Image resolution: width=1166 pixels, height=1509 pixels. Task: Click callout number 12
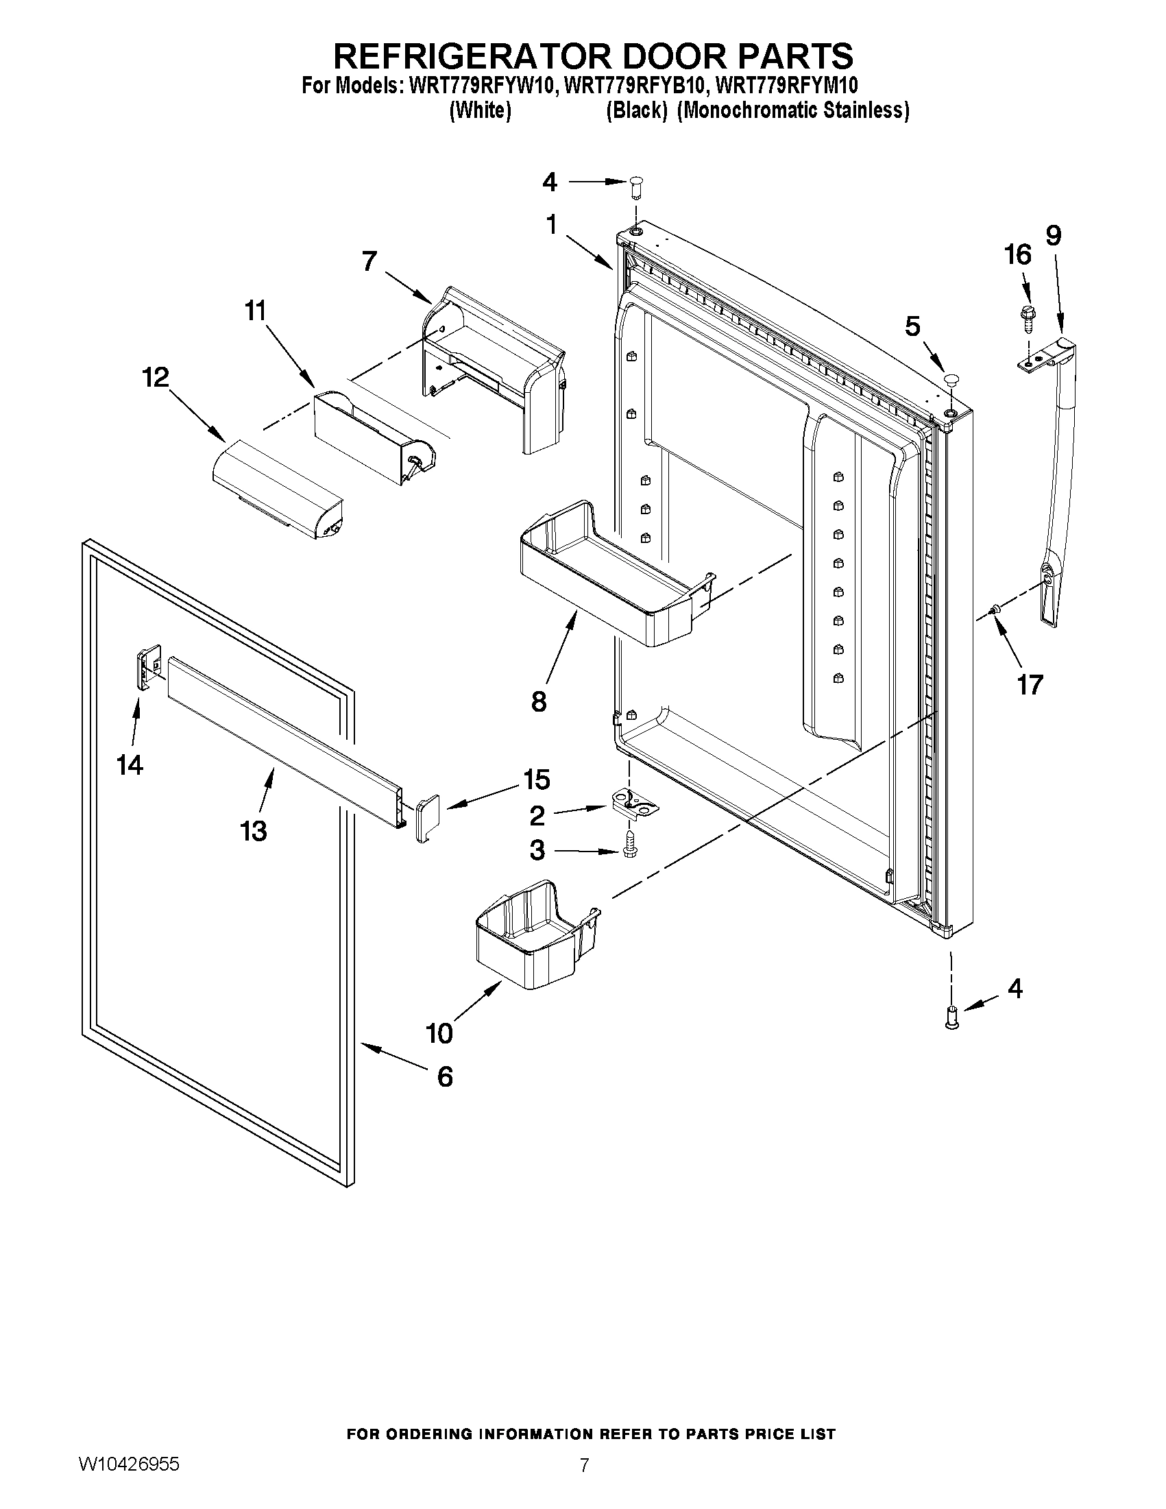click(156, 378)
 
